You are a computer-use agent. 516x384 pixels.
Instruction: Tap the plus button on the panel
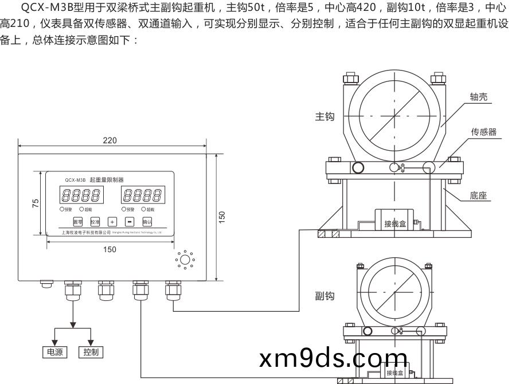coord(112,221)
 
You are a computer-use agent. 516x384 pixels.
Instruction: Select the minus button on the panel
coord(130,221)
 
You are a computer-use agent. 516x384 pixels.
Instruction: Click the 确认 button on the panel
coord(147,221)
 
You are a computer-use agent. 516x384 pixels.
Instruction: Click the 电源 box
coord(55,352)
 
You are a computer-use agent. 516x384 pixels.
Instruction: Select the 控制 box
coord(90,352)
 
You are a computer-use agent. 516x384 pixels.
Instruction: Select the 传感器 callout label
coord(484,132)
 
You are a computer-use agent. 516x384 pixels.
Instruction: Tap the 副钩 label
coord(325,296)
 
